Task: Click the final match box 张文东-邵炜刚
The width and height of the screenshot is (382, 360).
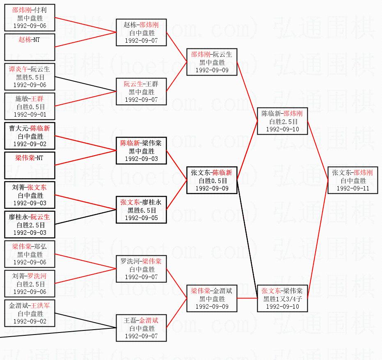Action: click(x=353, y=180)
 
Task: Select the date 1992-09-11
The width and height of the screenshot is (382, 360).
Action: click(x=353, y=188)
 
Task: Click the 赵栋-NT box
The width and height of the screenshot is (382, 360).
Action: click(x=30, y=47)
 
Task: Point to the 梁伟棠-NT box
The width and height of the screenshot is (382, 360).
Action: click(x=30, y=165)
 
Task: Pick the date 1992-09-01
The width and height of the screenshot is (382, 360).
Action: click(x=30, y=115)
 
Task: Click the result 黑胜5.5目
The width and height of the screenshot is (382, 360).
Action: click(x=30, y=77)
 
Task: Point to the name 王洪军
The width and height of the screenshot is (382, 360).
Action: click(x=41, y=306)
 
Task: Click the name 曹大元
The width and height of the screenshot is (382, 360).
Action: click(x=18, y=128)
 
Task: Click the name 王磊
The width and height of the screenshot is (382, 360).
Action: click(x=130, y=321)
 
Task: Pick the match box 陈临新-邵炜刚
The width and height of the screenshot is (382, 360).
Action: click(x=282, y=121)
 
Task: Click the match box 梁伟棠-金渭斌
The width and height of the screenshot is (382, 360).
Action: click(x=212, y=298)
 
